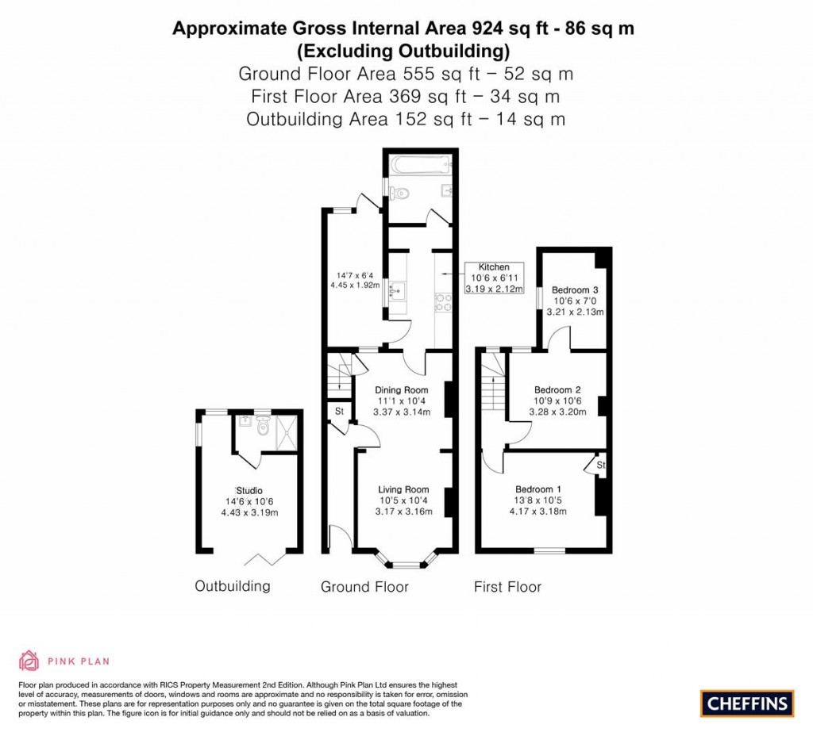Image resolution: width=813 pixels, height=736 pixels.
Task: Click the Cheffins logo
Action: pyautogui.click(x=746, y=703)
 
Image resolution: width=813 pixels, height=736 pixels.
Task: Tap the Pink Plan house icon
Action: pyautogui.click(x=29, y=660)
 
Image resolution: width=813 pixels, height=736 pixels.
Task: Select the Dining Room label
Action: pyautogui.click(x=401, y=389)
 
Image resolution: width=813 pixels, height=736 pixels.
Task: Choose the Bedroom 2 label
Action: pyautogui.click(x=557, y=389)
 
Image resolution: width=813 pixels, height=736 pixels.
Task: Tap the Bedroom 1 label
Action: pyautogui.click(x=538, y=489)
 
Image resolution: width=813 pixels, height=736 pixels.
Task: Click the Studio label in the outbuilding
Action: pyautogui.click(x=249, y=490)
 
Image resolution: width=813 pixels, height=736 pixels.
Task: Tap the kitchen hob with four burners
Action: pyautogui.click(x=441, y=301)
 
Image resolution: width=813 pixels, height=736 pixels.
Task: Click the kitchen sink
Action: pyautogui.click(x=396, y=293)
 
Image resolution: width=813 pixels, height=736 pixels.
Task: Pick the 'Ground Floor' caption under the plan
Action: pyautogui.click(x=364, y=587)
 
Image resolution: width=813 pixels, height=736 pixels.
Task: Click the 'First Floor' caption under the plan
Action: pyautogui.click(x=507, y=587)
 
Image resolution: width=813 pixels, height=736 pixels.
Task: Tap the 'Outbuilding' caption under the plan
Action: pyautogui.click(x=233, y=586)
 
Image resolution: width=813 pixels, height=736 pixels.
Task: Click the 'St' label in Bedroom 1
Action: pyautogui.click(x=600, y=464)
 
